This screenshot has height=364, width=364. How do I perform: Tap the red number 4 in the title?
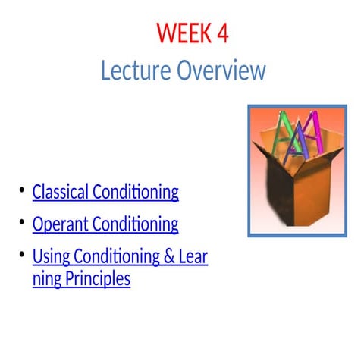point(221,34)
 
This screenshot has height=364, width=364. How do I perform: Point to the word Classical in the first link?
point(60,192)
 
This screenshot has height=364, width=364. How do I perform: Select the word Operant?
point(58,224)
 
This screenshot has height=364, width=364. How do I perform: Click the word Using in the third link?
point(49,257)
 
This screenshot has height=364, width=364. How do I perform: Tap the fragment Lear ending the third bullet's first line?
point(193,257)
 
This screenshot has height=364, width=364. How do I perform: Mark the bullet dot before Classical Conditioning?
point(22,190)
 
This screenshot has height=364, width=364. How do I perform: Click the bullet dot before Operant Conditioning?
point(22,222)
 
